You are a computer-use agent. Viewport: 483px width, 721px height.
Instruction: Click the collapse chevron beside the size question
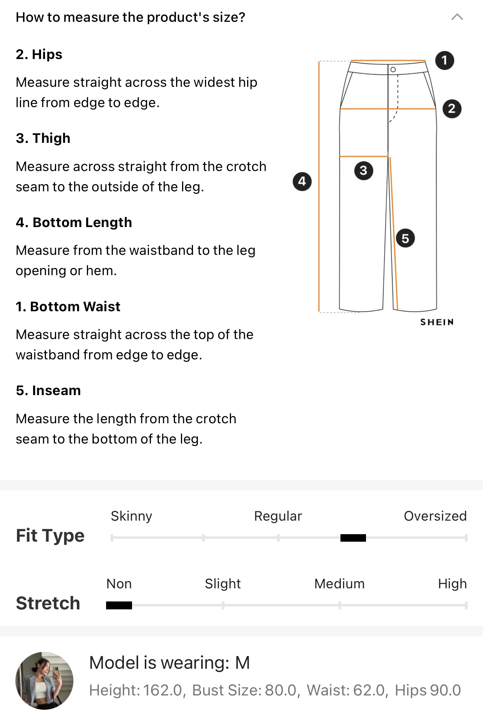point(457,17)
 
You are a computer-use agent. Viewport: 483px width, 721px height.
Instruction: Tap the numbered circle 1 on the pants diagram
point(445,60)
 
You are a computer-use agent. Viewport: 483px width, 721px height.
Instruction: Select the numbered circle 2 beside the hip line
point(452,109)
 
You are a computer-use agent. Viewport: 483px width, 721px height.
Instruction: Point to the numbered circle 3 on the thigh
point(363,171)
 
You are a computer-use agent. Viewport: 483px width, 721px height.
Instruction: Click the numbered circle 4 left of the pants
point(302,182)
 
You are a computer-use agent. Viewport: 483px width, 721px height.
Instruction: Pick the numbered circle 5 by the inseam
point(405,238)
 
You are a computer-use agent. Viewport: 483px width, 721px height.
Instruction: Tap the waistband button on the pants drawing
point(393,70)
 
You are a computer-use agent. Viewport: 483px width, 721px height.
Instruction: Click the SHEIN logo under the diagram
point(437,322)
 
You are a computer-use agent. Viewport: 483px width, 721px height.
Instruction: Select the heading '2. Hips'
point(39,54)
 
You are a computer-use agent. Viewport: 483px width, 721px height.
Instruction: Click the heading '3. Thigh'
point(43,138)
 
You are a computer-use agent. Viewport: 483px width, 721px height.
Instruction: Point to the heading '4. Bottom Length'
point(74,223)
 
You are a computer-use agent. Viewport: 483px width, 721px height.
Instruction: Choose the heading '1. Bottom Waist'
point(68,306)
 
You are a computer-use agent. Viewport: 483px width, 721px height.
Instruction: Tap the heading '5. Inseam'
point(49,391)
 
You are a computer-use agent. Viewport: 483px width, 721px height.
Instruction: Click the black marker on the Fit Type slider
point(353,538)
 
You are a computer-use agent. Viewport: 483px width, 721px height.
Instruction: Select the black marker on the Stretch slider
point(119,605)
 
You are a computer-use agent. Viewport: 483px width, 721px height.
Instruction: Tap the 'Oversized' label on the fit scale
point(435,516)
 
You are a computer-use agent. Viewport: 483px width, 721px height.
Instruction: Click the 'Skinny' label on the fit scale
point(132,517)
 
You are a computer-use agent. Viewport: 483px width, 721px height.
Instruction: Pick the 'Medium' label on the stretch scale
point(340,584)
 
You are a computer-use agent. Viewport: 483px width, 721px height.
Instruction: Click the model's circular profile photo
point(44,681)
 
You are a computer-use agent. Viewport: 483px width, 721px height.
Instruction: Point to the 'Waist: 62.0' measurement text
point(346,691)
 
